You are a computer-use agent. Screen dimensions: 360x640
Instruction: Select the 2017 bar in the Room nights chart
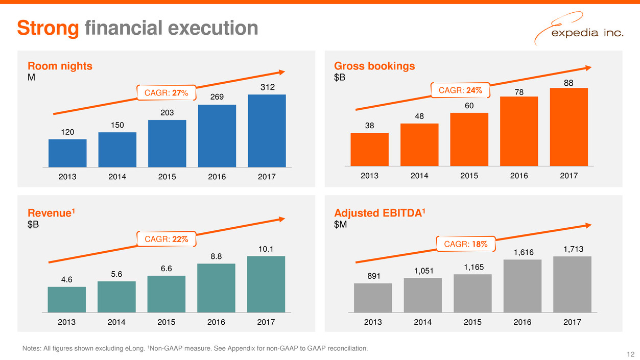click(267, 131)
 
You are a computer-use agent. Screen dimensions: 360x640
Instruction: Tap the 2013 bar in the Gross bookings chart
click(369, 149)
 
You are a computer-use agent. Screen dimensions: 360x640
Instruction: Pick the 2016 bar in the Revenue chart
click(217, 287)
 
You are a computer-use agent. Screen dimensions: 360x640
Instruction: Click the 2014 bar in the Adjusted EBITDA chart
click(422, 295)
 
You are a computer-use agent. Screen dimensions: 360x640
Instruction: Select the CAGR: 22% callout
click(167, 239)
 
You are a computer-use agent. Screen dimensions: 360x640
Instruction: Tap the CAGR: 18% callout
click(463, 245)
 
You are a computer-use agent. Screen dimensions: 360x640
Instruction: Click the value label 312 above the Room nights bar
click(267, 88)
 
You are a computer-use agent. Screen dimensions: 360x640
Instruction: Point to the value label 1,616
click(522, 252)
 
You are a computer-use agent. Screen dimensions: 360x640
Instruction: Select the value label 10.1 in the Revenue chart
click(266, 250)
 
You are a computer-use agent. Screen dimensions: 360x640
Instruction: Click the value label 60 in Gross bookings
click(469, 106)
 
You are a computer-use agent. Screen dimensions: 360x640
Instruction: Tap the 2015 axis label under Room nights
click(167, 177)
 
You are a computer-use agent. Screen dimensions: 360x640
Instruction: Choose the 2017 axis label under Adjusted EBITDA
click(572, 322)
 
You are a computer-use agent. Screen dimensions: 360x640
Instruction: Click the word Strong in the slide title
click(48, 28)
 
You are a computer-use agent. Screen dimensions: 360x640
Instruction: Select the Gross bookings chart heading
click(374, 66)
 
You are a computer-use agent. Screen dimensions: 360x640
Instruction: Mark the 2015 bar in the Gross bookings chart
click(469, 139)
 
